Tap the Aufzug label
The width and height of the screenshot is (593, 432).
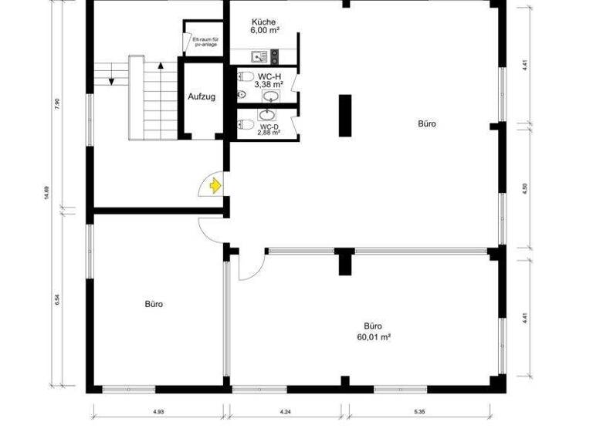(201, 97)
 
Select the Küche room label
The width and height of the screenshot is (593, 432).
(264, 22)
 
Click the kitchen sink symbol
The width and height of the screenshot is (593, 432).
(259, 56)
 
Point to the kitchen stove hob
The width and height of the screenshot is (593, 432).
(274, 55)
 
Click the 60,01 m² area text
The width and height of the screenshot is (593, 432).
(374, 337)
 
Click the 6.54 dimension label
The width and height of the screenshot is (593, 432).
(56, 301)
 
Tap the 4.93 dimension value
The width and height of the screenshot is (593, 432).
(158, 412)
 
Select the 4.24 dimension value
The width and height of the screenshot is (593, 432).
(286, 412)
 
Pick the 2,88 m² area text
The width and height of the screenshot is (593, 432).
(269, 132)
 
